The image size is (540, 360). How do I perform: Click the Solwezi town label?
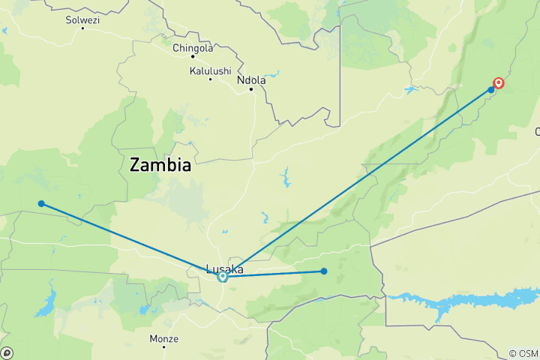tap(82, 19)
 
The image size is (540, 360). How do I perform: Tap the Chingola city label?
tap(193, 48)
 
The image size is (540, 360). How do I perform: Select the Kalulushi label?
tap(209, 71)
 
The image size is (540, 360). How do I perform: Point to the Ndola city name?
tap(250, 80)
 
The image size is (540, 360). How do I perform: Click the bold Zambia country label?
tap(160, 165)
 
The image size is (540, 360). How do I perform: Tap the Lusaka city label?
tap(224, 268)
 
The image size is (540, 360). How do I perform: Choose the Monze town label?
tap(163, 339)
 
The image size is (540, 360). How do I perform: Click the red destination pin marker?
tap(498, 84)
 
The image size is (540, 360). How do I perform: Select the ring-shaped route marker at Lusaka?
tap(223, 277)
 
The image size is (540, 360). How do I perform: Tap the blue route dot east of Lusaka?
tap(324, 271)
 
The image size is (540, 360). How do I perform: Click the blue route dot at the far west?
tap(41, 203)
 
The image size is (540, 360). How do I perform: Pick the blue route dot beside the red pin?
tap(491, 90)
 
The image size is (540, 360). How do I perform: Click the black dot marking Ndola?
tap(250, 89)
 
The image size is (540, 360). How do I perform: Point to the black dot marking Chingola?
tap(193, 56)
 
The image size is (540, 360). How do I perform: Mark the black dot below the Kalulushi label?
tap(209, 79)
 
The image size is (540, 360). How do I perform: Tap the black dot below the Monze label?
tap(163, 346)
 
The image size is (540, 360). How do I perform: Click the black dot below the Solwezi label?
tap(82, 27)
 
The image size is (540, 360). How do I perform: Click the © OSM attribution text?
tap(523, 353)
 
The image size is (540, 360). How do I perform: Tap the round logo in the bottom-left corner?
tap(7, 352)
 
